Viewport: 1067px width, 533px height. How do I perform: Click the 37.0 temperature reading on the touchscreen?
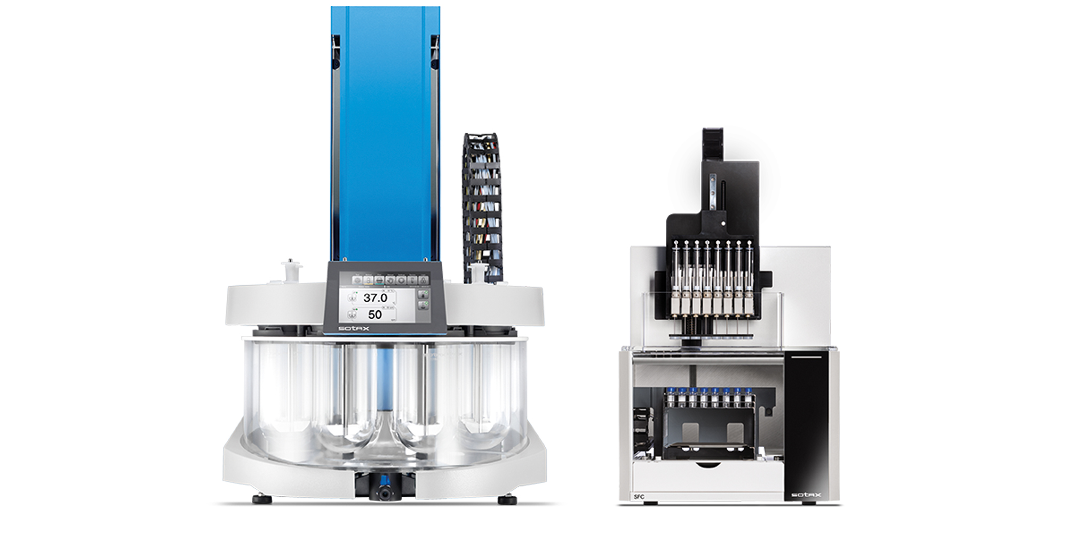(x=375, y=298)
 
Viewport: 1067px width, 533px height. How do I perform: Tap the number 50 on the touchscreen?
(x=375, y=314)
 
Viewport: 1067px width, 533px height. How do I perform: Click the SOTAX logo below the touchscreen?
(x=354, y=328)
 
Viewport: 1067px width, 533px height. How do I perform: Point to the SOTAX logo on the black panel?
(x=806, y=495)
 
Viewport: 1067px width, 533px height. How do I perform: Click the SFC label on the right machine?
(x=639, y=497)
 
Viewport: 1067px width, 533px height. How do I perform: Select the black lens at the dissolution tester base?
(x=385, y=492)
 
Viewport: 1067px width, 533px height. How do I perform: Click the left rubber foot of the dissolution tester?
(x=261, y=499)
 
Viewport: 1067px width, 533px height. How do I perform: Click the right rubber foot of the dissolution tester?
(x=507, y=499)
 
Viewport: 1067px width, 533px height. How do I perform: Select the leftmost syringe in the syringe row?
(x=676, y=272)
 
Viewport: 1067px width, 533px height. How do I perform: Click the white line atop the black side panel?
(x=806, y=357)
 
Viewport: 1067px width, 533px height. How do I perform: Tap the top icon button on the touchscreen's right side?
(x=423, y=294)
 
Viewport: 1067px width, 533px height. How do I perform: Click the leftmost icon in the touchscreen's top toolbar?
(x=356, y=280)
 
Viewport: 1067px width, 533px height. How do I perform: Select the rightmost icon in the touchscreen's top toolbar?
(x=424, y=280)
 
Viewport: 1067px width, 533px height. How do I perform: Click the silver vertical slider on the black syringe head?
(x=713, y=192)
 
